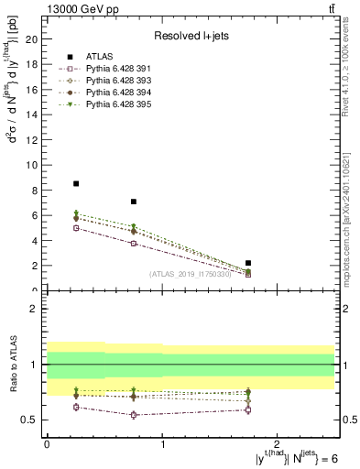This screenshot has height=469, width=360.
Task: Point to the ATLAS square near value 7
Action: [134, 202]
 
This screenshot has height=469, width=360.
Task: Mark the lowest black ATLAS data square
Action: [248, 263]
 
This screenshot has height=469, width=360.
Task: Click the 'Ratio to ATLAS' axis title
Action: [12, 366]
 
